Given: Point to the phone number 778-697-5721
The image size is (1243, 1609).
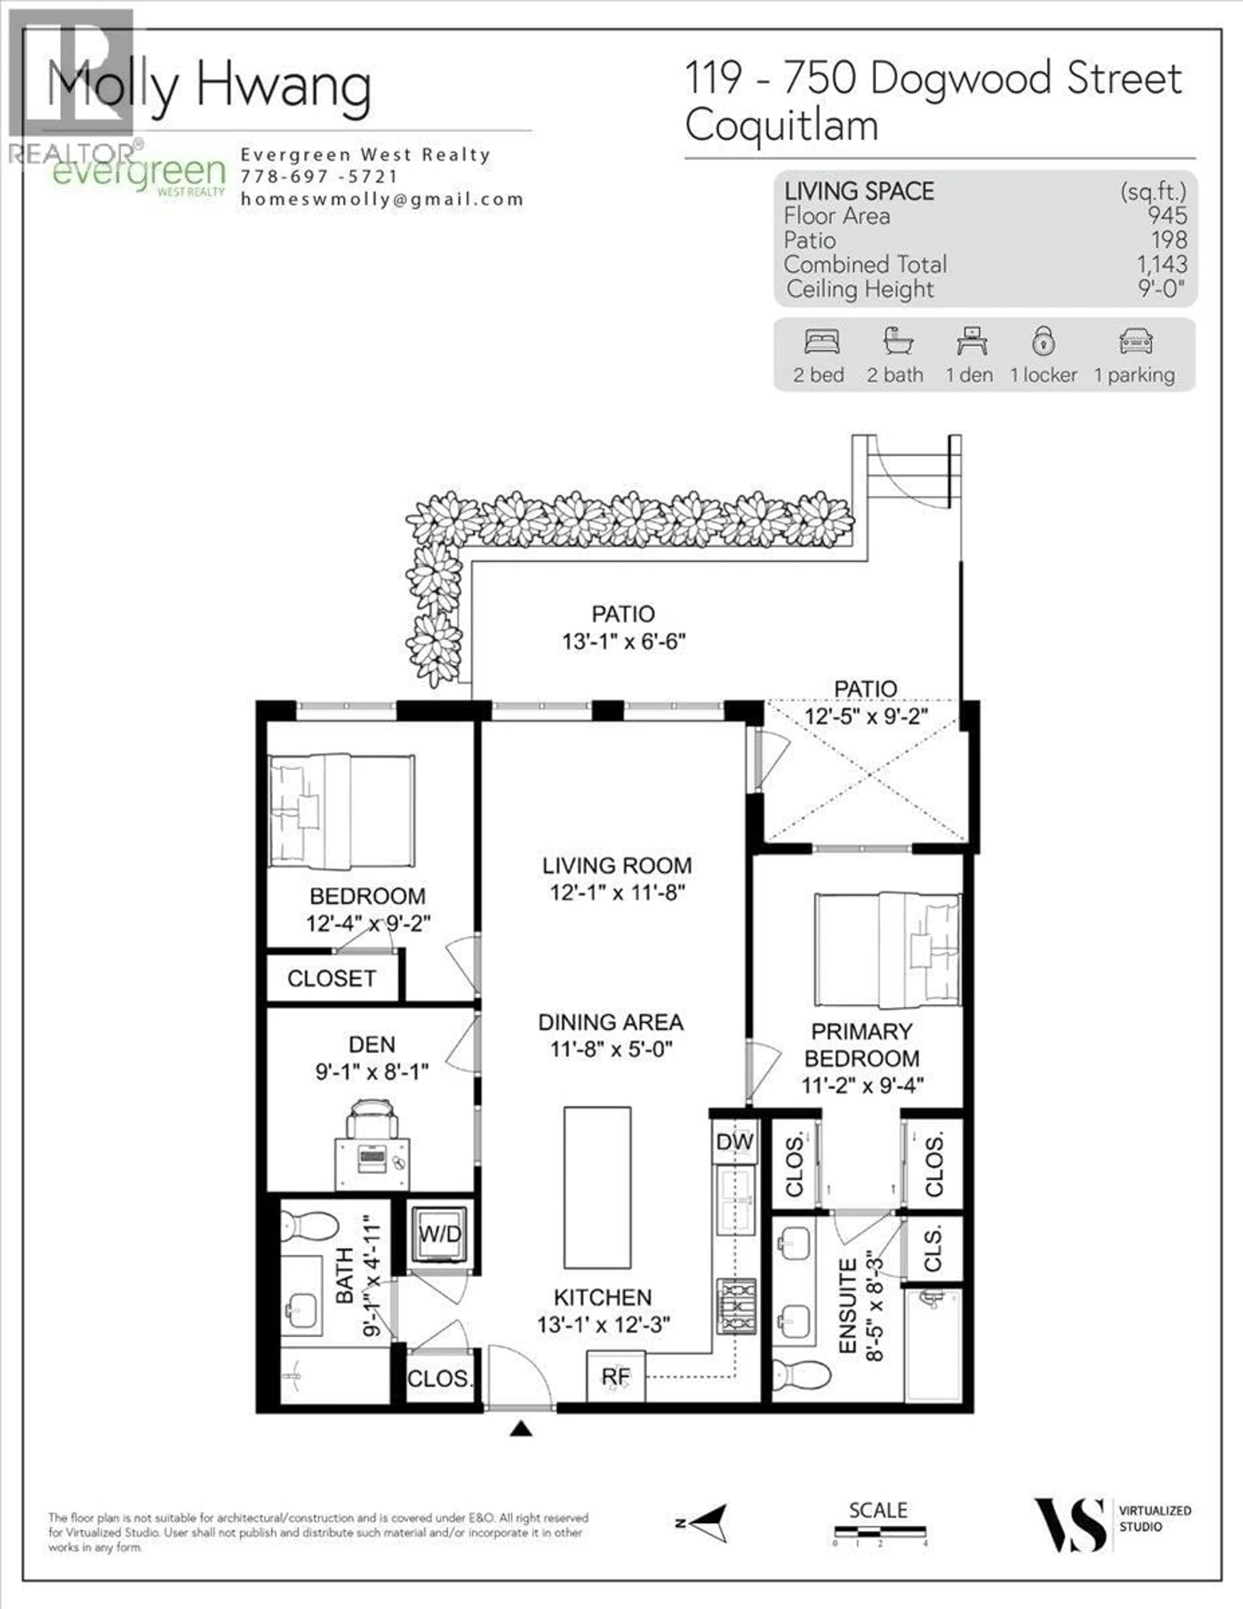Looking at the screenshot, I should pos(319,177).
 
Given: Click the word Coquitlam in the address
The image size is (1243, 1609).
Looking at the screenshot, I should pos(782,125).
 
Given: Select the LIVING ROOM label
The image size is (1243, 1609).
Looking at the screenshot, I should pos(617,866).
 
